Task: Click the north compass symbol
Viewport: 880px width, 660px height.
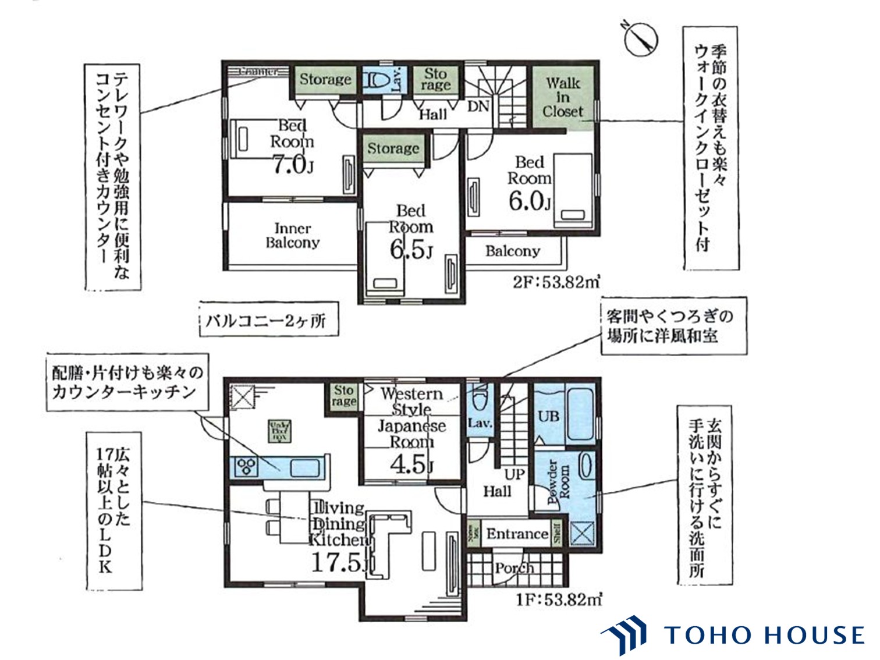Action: tap(640, 38)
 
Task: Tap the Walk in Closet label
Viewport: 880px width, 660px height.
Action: tap(563, 97)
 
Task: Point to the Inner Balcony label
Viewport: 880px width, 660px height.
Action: tap(292, 236)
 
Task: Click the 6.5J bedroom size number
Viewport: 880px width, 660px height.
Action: tap(410, 250)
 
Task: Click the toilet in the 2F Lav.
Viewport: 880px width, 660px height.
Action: tap(375, 80)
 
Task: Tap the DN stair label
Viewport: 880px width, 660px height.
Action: tap(478, 107)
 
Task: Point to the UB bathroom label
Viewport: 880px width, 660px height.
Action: tap(548, 416)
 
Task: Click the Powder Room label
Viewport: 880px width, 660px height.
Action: tap(559, 482)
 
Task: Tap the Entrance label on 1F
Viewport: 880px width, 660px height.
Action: tap(517, 534)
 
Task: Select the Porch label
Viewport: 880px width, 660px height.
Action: tap(514, 567)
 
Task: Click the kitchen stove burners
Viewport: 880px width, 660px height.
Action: tap(246, 466)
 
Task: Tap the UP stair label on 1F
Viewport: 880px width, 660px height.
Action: tap(514, 474)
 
